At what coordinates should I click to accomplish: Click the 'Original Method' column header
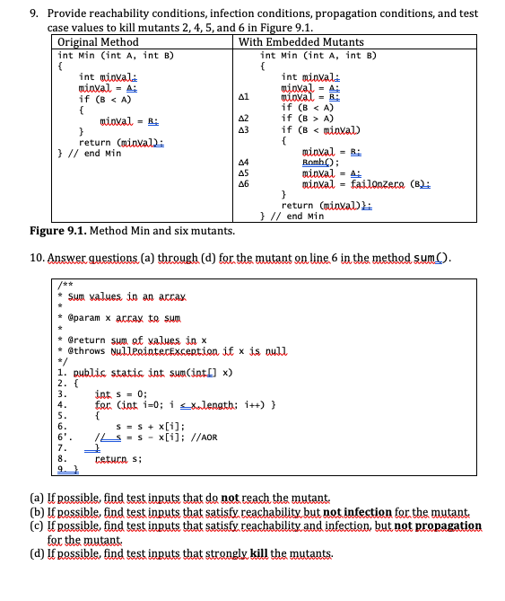[x=97, y=42]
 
